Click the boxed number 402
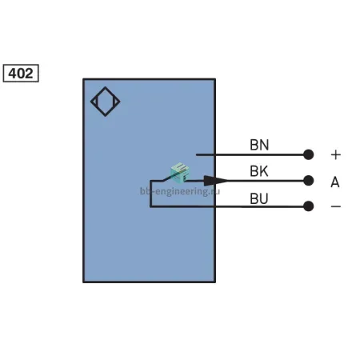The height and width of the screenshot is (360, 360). click(x=21, y=73)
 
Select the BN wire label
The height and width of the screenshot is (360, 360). click(x=259, y=145)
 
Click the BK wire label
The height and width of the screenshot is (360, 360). click(x=259, y=171)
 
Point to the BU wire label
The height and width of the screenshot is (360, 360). click(x=259, y=198)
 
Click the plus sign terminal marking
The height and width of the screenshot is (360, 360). click(x=336, y=154)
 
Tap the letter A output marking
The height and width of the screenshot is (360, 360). click(x=335, y=182)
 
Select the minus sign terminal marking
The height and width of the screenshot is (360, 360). click(x=336, y=206)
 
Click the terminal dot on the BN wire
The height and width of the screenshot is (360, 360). click(x=309, y=154)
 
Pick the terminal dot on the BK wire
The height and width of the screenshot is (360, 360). click(x=309, y=181)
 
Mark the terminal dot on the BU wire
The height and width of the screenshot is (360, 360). click(x=309, y=206)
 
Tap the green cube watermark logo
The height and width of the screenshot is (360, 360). click(x=180, y=172)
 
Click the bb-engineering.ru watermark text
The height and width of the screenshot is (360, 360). click(x=180, y=191)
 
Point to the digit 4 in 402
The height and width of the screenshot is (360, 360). click(x=13, y=74)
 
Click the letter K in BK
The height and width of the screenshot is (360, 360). click(x=264, y=171)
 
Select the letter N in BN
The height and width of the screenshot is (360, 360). click(x=264, y=145)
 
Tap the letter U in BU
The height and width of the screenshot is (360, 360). click(x=264, y=198)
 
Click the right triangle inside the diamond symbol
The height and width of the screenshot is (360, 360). click(x=116, y=102)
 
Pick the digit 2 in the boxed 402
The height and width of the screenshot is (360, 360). click(x=29, y=74)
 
